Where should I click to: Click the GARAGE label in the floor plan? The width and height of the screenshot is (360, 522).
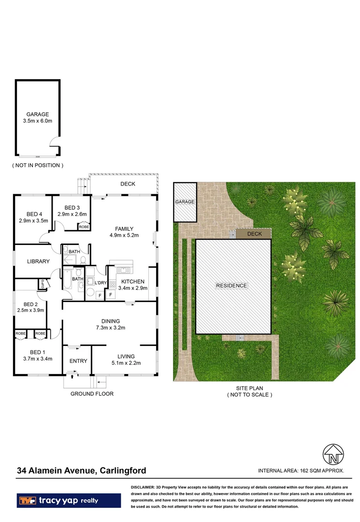[37, 115]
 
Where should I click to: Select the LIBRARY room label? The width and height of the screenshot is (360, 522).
[38, 261]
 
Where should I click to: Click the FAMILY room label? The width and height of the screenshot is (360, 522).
[124, 229]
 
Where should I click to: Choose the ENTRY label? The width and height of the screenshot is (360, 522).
[78, 361]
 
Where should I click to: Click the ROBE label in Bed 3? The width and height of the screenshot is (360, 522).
[84, 226]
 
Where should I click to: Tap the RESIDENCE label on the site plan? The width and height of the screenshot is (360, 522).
[231, 286]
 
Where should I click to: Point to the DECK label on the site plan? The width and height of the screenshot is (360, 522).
[254, 234]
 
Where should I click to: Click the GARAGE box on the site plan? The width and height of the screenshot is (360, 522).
[185, 202]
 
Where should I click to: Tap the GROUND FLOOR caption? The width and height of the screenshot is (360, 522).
[92, 394]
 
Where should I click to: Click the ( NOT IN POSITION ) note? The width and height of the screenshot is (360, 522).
[37, 165]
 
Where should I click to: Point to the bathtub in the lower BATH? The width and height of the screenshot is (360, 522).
[67, 279]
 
